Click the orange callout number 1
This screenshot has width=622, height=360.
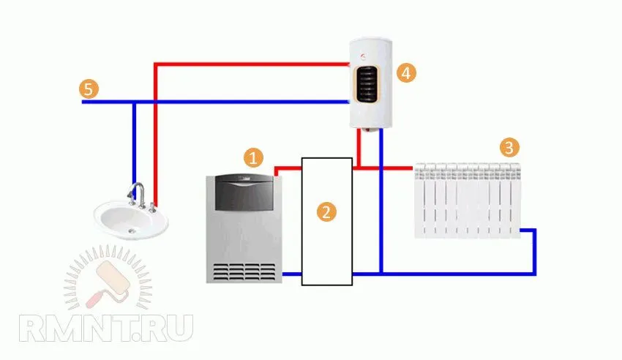click(253, 157)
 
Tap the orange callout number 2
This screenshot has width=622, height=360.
click(326, 211)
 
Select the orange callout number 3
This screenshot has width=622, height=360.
click(509, 148)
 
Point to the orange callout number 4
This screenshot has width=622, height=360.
click(406, 73)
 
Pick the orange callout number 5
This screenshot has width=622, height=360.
click(89, 89)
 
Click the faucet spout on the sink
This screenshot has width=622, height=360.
click(135, 189)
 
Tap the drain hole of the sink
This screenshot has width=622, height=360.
click(132, 230)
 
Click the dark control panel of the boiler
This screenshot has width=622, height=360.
click(244, 192)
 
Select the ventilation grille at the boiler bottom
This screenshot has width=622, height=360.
click(244, 271)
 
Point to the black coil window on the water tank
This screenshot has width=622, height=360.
click(367, 84)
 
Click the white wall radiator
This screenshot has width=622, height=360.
click(468, 200)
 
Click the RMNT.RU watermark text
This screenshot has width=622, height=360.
click(106, 328)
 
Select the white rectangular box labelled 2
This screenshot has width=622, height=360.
click(327, 221)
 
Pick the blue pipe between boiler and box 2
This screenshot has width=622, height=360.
click(291, 274)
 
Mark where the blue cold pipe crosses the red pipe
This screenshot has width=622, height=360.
click(155, 102)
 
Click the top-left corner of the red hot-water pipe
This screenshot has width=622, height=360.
click(156, 64)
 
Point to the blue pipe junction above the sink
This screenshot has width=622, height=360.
click(134, 102)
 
